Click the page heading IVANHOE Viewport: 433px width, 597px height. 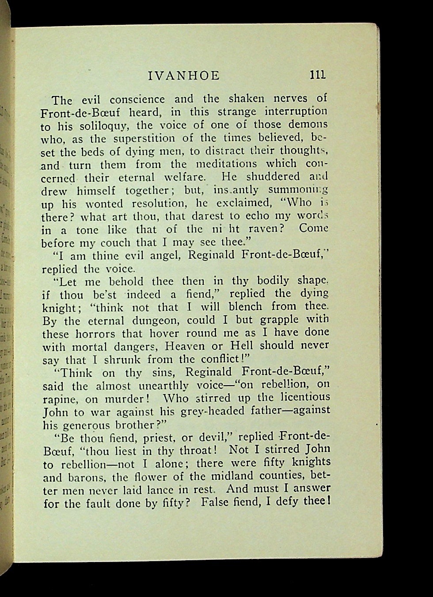pyautogui.click(x=183, y=76)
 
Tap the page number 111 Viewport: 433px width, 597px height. pyautogui.click(x=318, y=75)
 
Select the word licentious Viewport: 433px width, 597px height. pyautogui.click(x=302, y=397)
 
